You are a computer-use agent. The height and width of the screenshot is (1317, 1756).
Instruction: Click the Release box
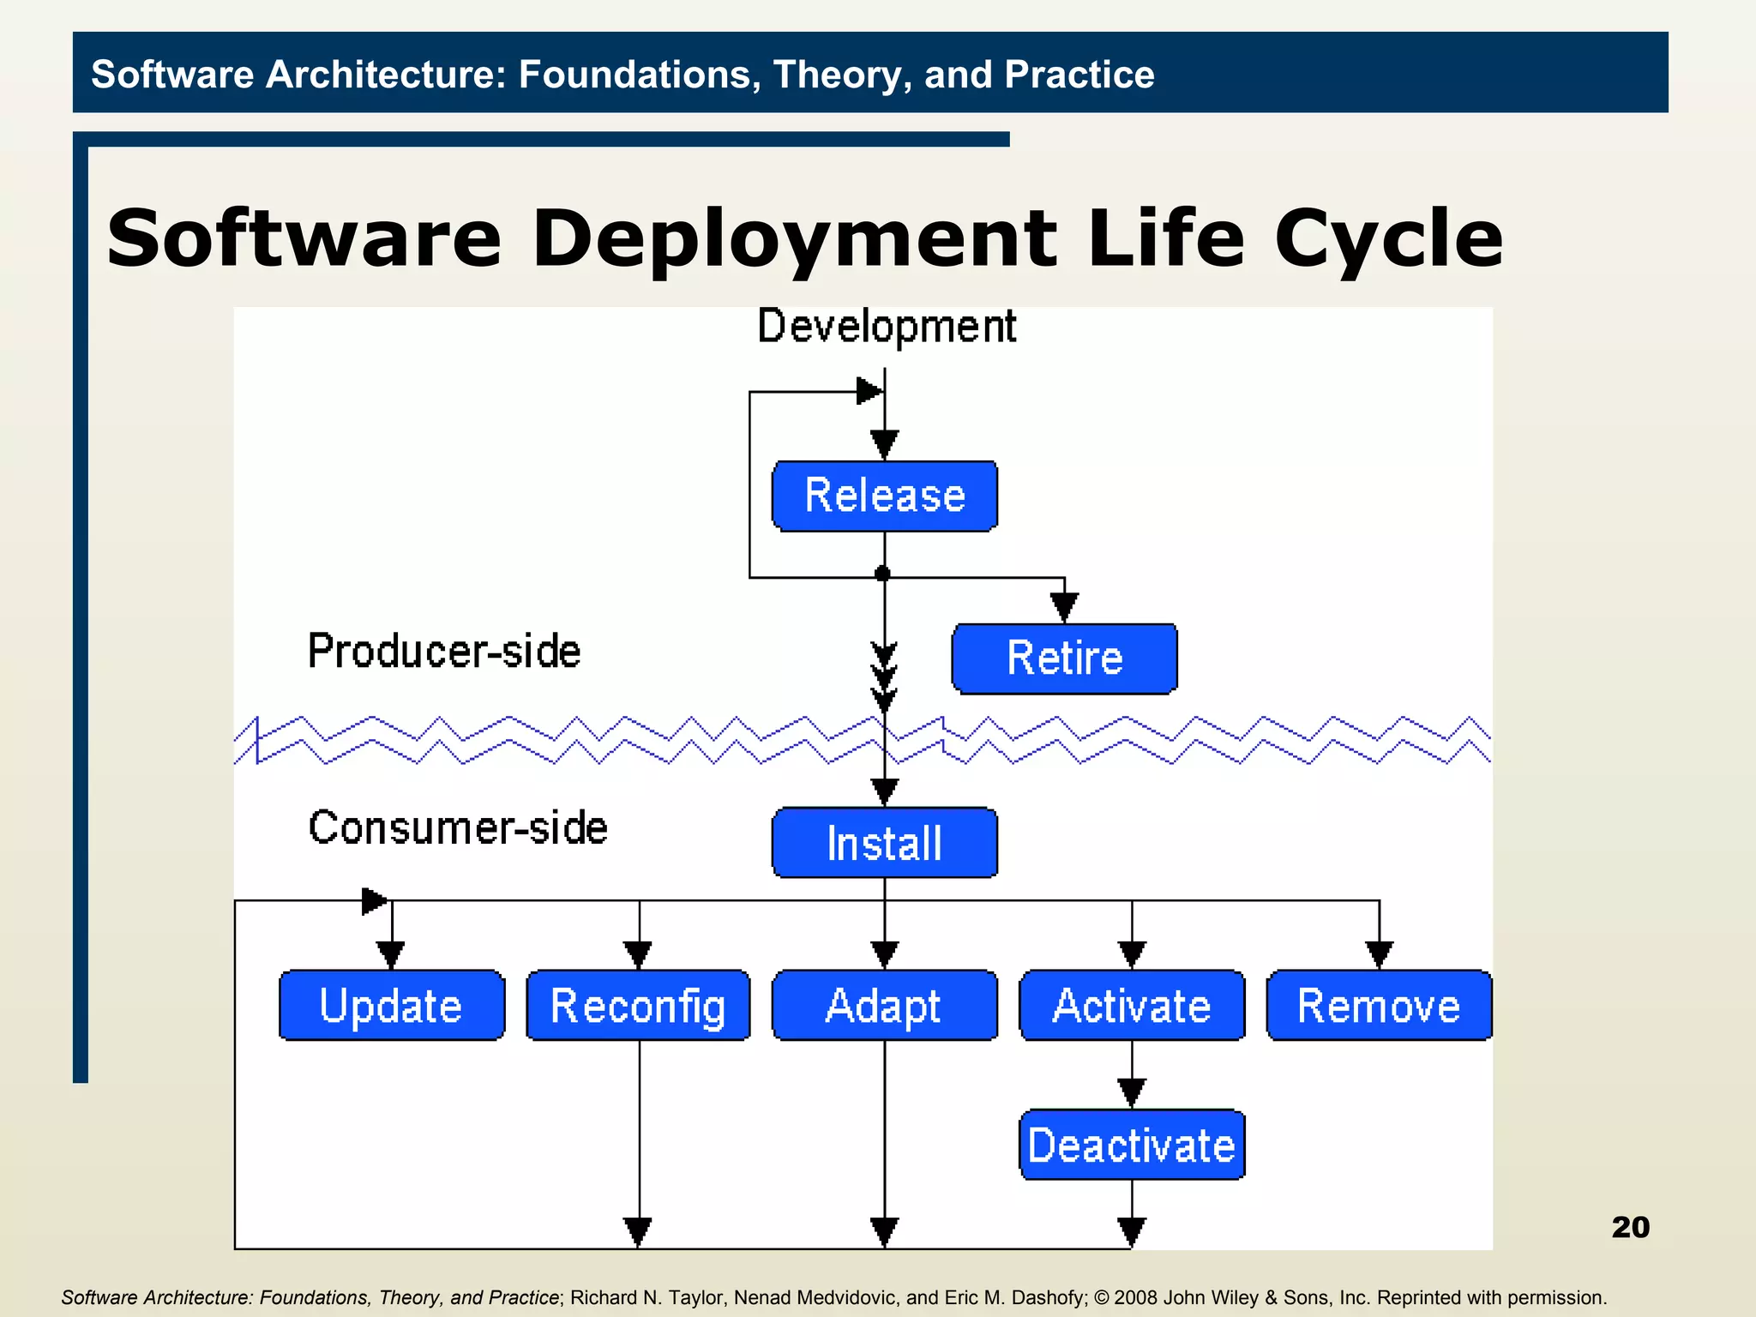[x=884, y=496]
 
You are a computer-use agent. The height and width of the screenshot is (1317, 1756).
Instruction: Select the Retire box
[x=1064, y=658]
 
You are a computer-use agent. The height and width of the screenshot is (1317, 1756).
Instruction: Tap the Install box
[x=884, y=842]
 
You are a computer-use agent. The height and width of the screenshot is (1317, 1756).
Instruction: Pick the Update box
[x=391, y=1005]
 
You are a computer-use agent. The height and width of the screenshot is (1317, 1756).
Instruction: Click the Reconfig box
[x=638, y=1005]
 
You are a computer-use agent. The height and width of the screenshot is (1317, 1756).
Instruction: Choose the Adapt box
[x=884, y=1005]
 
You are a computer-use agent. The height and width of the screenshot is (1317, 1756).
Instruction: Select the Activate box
[x=1132, y=1005]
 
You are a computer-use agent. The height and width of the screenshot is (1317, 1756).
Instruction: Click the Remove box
[x=1379, y=1005]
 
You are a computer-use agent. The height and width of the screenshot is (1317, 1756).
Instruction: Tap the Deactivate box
[x=1132, y=1145]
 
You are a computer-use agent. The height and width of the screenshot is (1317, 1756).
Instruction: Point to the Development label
[x=887, y=327]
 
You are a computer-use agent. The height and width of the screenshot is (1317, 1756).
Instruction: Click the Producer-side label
[x=444, y=652]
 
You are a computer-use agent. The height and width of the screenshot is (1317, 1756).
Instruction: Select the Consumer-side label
[x=458, y=828]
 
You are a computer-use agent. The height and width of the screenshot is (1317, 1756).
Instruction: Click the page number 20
[x=1630, y=1227]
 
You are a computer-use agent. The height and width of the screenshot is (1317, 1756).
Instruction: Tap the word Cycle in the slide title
[x=1388, y=238]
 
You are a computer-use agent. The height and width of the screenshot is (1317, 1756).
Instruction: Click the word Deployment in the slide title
[x=794, y=238]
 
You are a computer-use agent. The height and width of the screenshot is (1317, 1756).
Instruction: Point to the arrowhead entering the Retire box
[x=1064, y=608]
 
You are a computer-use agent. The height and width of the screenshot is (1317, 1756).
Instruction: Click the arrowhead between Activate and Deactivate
[x=1132, y=1092]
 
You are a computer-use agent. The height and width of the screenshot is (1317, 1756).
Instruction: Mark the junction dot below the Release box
[x=882, y=574]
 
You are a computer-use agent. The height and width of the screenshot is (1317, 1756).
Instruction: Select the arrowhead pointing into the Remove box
[x=1379, y=954]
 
